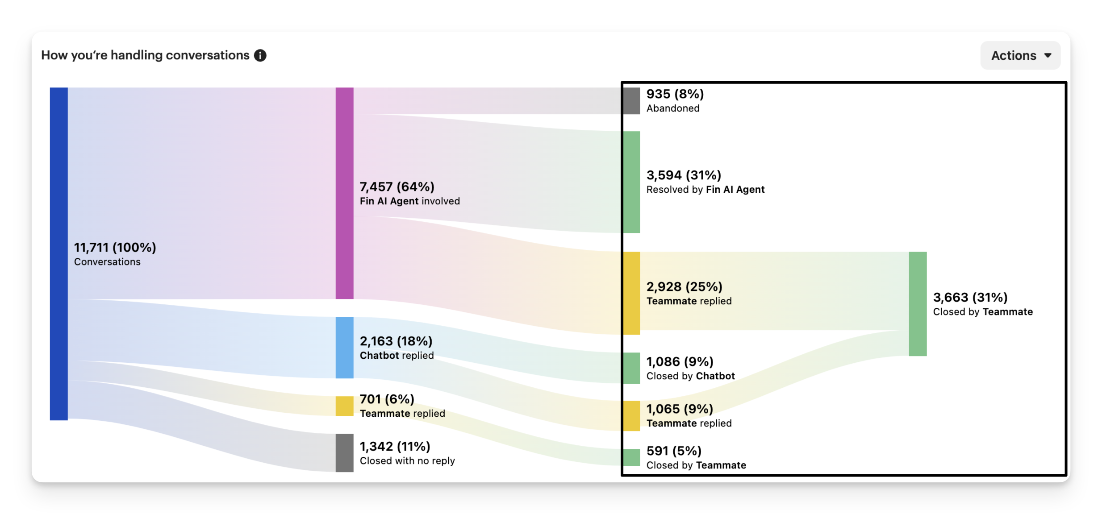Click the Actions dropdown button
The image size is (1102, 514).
(x=1020, y=55)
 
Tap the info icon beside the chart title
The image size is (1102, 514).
(x=260, y=55)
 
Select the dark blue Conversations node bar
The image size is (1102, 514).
(x=58, y=253)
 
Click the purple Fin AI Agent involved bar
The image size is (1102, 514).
(x=344, y=193)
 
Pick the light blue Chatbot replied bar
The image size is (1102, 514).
(x=344, y=347)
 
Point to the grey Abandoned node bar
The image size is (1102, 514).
(x=631, y=101)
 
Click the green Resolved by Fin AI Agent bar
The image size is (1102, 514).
(x=631, y=182)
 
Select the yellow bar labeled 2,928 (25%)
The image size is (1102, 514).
(x=631, y=293)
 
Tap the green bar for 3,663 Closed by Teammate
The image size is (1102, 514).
(x=918, y=303)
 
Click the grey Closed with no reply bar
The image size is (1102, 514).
(x=344, y=452)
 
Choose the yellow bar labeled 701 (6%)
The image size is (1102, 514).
(x=344, y=406)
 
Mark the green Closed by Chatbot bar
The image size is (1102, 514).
(x=631, y=368)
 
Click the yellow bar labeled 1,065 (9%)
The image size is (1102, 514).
(x=631, y=415)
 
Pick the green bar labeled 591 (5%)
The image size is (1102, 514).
(x=631, y=457)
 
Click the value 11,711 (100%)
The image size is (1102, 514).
(x=115, y=247)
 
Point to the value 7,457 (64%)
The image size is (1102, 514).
(x=397, y=187)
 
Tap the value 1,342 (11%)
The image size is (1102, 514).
(x=395, y=446)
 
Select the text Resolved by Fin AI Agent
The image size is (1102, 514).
(x=705, y=190)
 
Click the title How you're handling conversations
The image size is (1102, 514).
(x=145, y=55)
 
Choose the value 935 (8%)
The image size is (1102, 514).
(x=675, y=94)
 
